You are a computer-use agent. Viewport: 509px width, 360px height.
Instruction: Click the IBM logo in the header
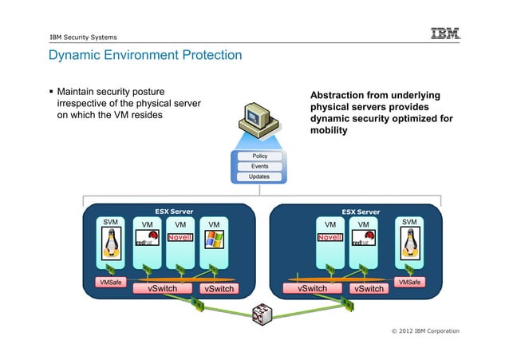click(445, 34)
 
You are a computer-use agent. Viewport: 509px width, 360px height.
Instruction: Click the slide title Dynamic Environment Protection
click(144, 56)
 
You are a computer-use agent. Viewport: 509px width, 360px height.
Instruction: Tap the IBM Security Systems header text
click(82, 37)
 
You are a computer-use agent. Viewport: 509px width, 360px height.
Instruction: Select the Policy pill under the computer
click(259, 156)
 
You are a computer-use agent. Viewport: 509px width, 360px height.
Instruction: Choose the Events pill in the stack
click(259, 166)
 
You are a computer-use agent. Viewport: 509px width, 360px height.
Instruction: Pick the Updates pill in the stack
click(259, 176)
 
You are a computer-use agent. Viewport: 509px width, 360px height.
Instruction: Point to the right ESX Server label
click(361, 212)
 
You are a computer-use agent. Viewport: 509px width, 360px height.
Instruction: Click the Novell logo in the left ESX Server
click(180, 237)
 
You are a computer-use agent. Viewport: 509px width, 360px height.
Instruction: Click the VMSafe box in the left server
click(110, 282)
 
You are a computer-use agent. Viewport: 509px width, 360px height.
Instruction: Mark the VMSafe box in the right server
click(409, 281)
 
